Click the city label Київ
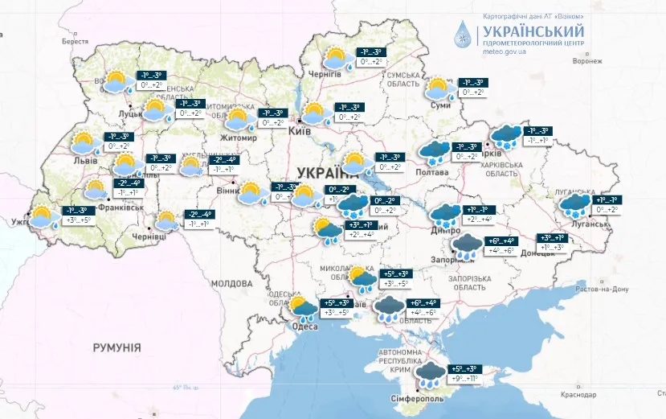(x=299, y=130)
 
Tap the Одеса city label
(x=305, y=326)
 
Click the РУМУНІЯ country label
(x=116, y=347)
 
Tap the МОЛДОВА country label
(x=231, y=284)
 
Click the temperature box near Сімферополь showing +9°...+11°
(x=463, y=378)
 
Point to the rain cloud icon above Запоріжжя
(x=468, y=243)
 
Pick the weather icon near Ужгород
(x=43, y=218)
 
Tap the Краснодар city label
(x=578, y=395)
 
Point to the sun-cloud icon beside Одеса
(x=302, y=307)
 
